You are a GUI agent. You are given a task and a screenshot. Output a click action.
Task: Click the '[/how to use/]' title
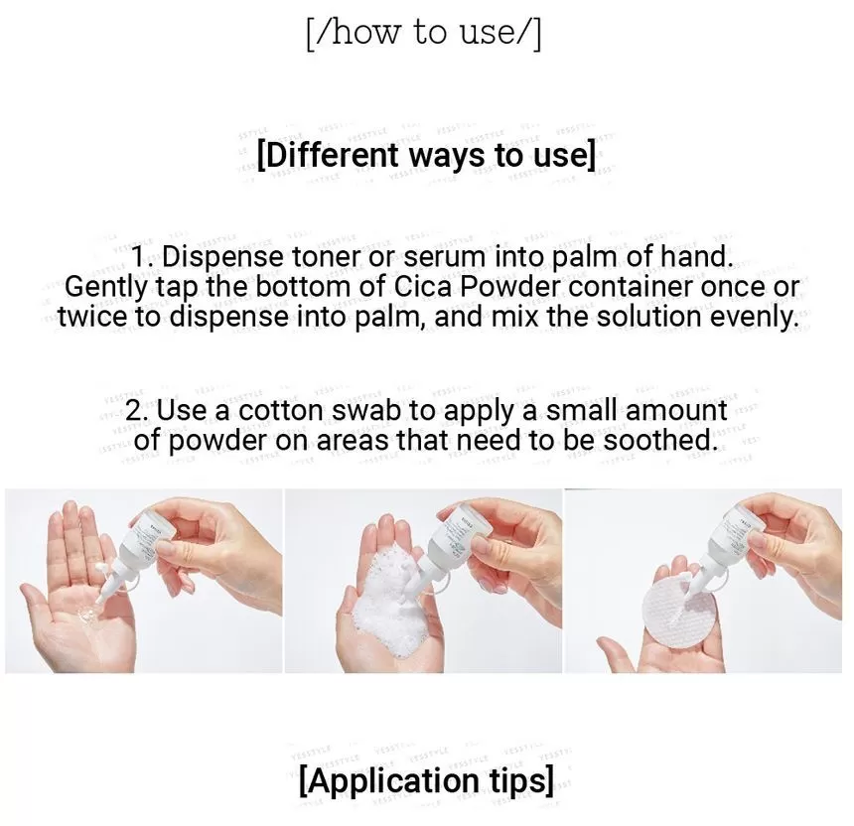point(424,32)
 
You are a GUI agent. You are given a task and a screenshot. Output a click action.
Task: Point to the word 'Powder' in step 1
point(508,287)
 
